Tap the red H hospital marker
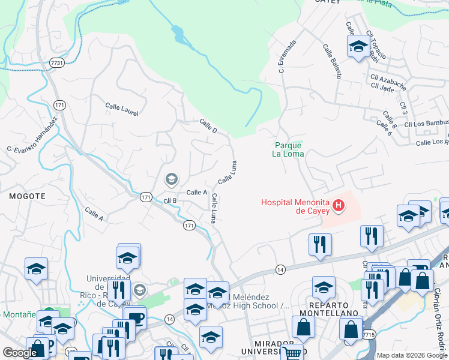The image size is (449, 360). [x=339, y=206]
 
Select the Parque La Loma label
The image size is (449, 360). [x=288, y=149]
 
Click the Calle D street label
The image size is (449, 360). [x=208, y=126]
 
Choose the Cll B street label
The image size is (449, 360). [x=170, y=200]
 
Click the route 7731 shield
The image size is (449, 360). [x=57, y=62]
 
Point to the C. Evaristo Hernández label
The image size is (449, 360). [x=32, y=134]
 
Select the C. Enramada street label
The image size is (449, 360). [x=288, y=56]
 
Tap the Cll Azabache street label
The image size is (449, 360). [x=388, y=80]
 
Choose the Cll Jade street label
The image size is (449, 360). [x=382, y=88]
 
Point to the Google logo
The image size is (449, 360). [x=20, y=353]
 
